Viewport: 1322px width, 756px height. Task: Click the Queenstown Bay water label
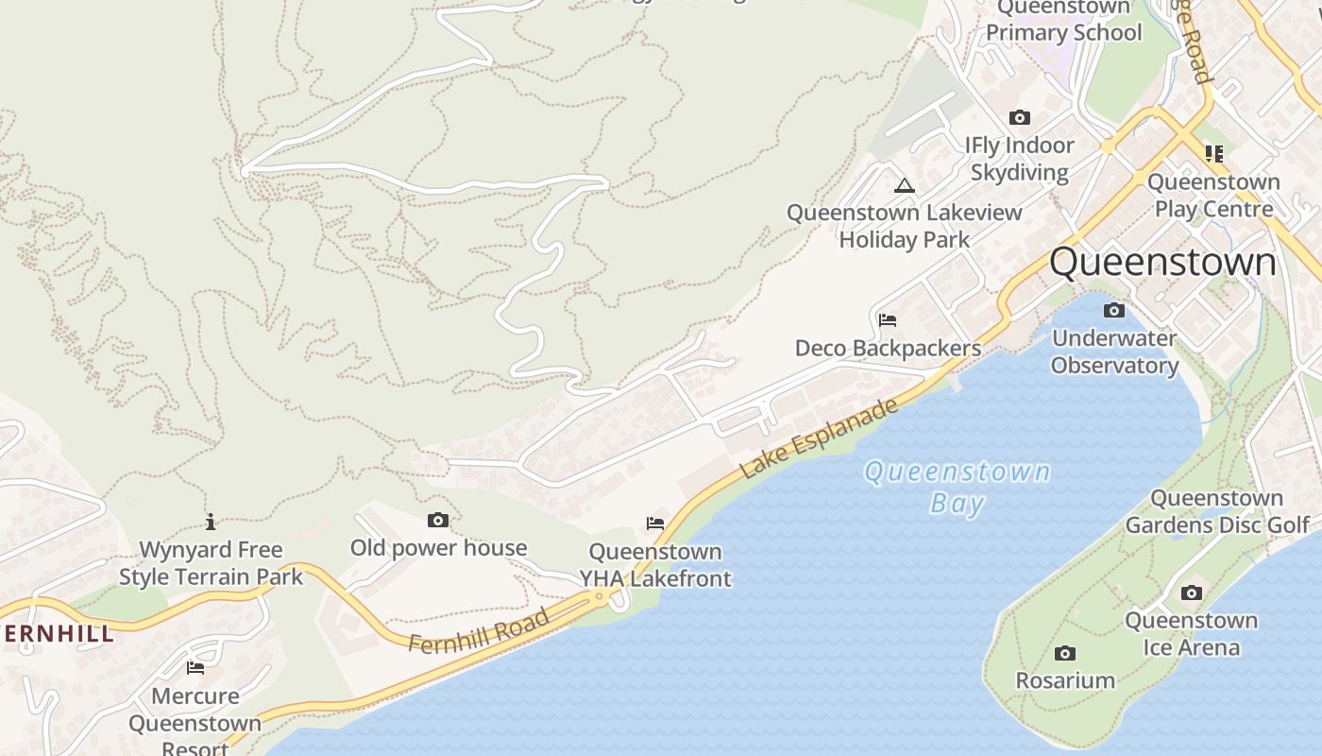pos(958,486)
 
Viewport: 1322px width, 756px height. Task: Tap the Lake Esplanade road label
pos(818,438)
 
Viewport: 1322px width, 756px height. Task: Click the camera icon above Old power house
pos(438,520)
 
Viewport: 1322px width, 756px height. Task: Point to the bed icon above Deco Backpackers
pos(887,319)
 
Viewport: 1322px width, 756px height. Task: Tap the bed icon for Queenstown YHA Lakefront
pos(655,523)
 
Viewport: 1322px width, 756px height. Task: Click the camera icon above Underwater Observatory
pos(1114,310)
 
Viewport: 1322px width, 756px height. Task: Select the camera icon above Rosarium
pos(1065,653)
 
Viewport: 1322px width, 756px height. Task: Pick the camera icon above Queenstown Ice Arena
pos(1192,593)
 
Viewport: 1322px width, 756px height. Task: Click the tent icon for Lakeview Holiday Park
pos(905,185)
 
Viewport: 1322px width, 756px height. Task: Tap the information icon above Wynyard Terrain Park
pos(211,522)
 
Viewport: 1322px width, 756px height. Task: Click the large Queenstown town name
pos(1162,262)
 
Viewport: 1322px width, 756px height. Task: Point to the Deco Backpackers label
pos(888,348)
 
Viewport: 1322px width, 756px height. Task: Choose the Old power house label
pos(438,548)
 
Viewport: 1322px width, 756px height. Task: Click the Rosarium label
pos(1065,680)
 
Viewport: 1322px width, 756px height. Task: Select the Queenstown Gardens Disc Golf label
pos(1217,511)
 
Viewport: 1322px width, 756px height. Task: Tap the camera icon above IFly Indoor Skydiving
pos(1019,117)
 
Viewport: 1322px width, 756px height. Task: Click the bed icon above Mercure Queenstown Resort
pos(195,667)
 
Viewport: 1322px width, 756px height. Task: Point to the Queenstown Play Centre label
pos(1213,195)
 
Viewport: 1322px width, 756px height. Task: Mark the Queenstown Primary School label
pos(1064,21)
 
